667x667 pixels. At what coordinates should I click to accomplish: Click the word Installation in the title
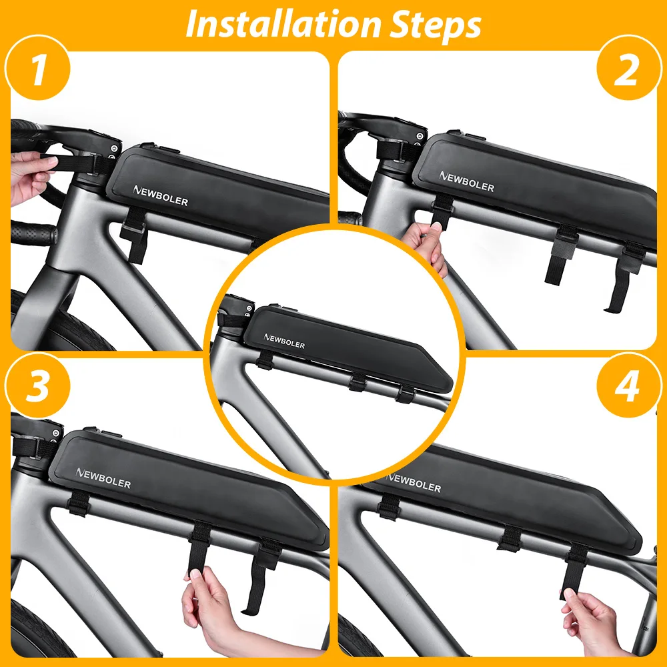point(282,24)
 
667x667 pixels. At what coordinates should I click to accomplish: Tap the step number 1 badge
point(37,68)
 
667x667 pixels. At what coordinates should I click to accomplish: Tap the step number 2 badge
point(629,68)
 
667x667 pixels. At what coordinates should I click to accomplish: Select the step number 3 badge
point(37,386)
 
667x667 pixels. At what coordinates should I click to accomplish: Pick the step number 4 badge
point(629,386)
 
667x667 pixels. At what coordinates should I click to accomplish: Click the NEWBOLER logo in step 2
point(467,181)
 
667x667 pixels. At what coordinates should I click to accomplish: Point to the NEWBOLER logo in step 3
point(103,478)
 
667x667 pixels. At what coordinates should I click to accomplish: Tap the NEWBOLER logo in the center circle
point(284,341)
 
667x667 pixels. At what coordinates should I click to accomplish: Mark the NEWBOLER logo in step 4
point(414,483)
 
